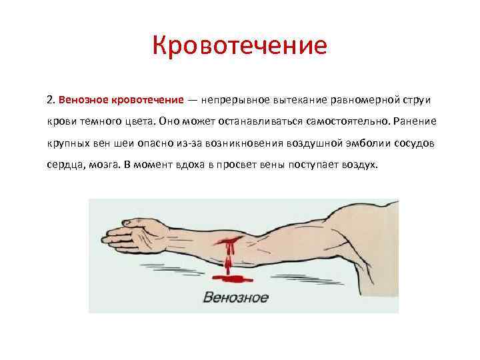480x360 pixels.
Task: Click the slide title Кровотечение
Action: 239,46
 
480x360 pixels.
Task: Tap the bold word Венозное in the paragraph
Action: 83,100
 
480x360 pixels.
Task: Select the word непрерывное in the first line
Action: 234,100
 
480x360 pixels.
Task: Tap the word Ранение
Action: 414,122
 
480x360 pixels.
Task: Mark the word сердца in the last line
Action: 65,165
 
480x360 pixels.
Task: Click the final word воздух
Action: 360,165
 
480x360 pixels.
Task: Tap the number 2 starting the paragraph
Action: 50,100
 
